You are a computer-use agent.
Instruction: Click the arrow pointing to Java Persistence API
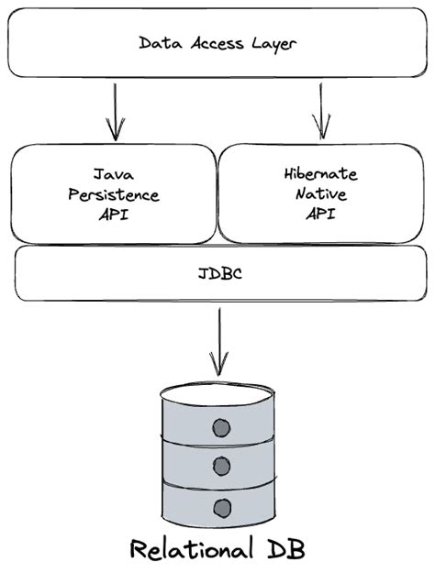[115, 109]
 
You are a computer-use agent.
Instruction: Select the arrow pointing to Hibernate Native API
[320, 109]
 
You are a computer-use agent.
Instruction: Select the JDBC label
[217, 272]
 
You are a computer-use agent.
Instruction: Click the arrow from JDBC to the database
[218, 339]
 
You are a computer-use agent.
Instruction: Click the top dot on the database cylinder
[220, 426]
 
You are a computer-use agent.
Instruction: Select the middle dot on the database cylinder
[220, 466]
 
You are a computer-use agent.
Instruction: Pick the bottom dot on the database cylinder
[220, 506]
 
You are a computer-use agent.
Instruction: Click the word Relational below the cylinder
[188, 549]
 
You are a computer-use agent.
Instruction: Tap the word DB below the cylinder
[284, 549]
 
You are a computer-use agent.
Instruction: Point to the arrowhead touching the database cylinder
[218, 369]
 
